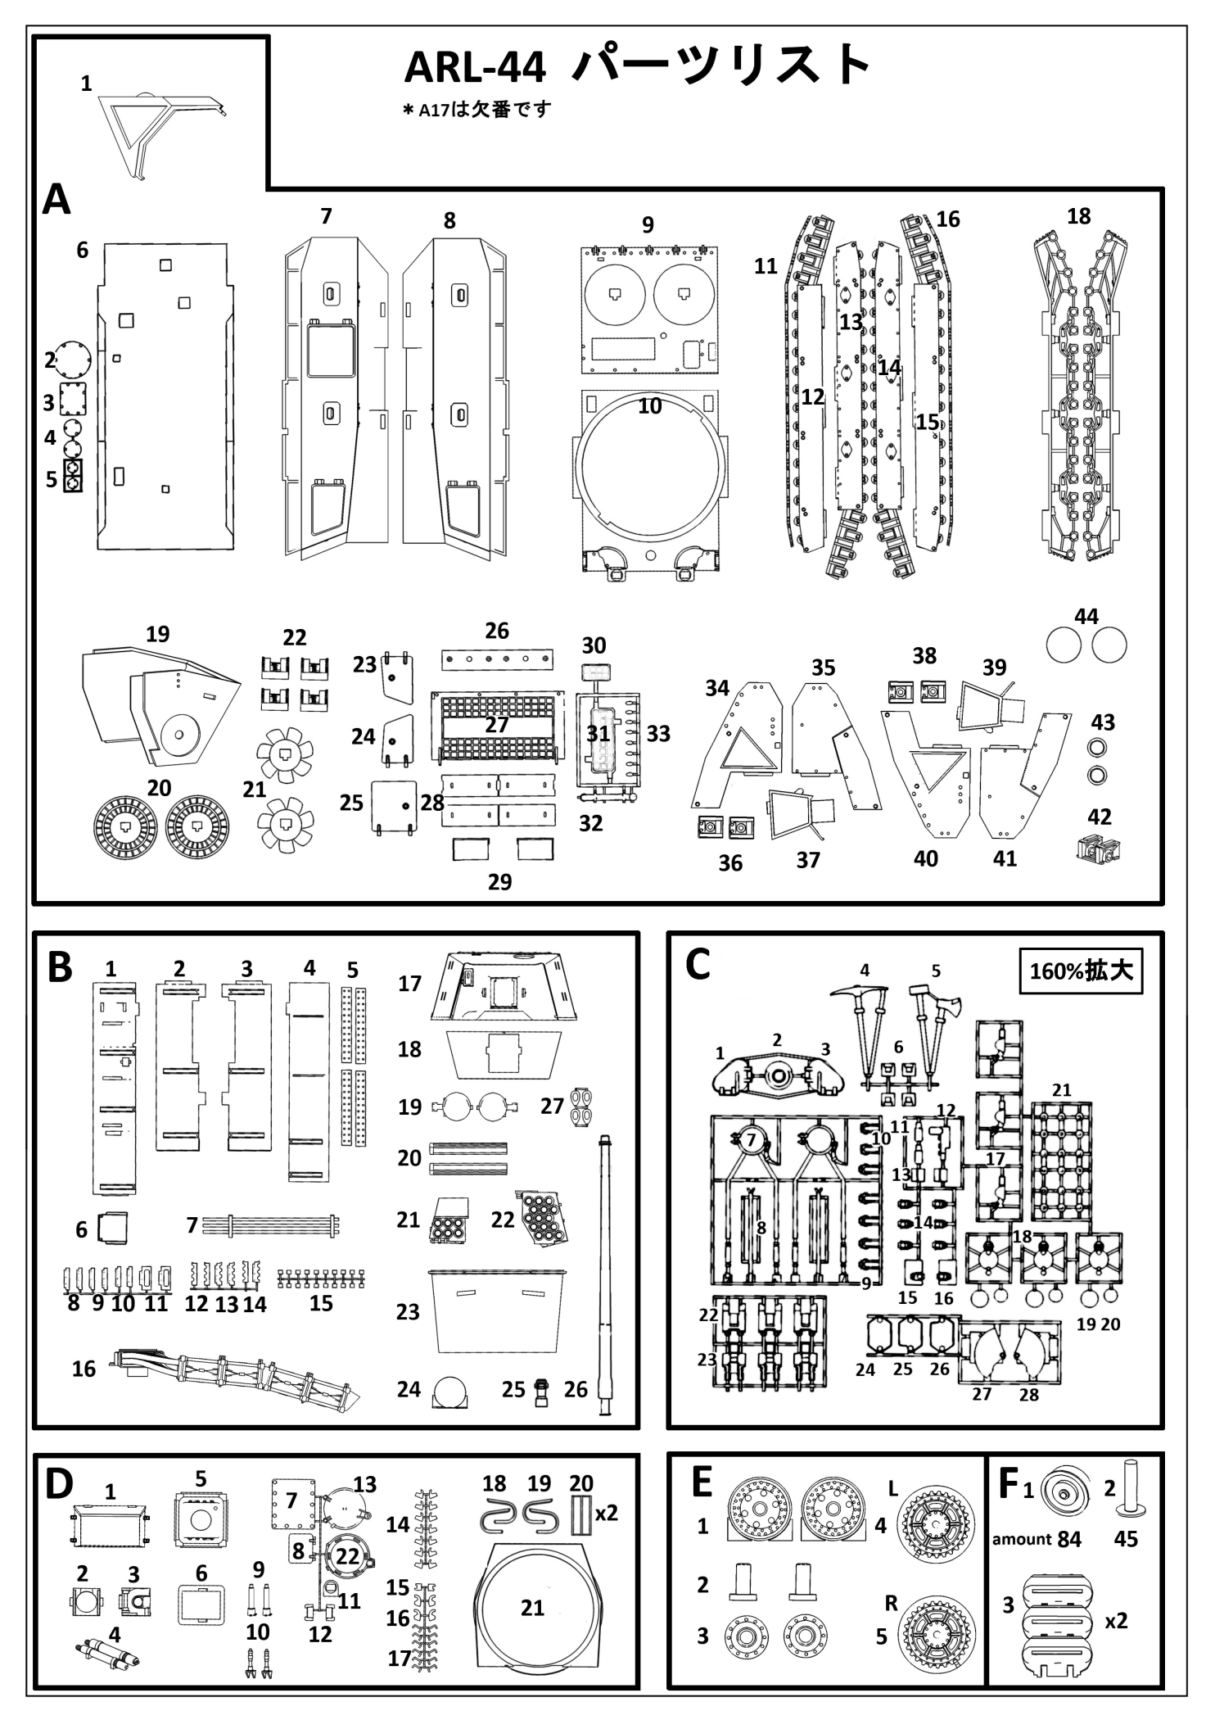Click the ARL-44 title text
[475, 67]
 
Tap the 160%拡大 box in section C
[1080, 971]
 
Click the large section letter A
[56, 199]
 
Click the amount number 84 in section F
[1068, 1539]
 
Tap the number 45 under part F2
[1126, 1539]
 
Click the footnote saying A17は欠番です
[477, 110]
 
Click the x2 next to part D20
[606, 1514]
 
